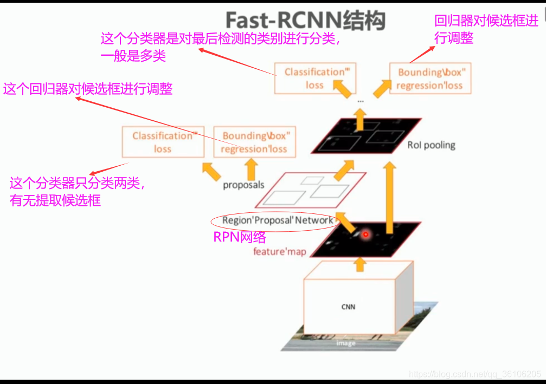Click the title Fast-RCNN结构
[x=305, y=21]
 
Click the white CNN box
[x=348, y=306]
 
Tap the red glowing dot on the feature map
[x=365, y=235]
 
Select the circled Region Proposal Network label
[x=277, y=220]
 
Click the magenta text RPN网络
[x=240, y=237]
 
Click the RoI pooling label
[x=431, y=145]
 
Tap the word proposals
[x=243, y=185]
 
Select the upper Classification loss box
[x=314, y=79]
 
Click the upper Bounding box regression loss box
[x=429, y=79]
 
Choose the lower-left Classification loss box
[x=163, y=142]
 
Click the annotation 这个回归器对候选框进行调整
[x=88, y=89]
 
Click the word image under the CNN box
[x=346, y=343]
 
